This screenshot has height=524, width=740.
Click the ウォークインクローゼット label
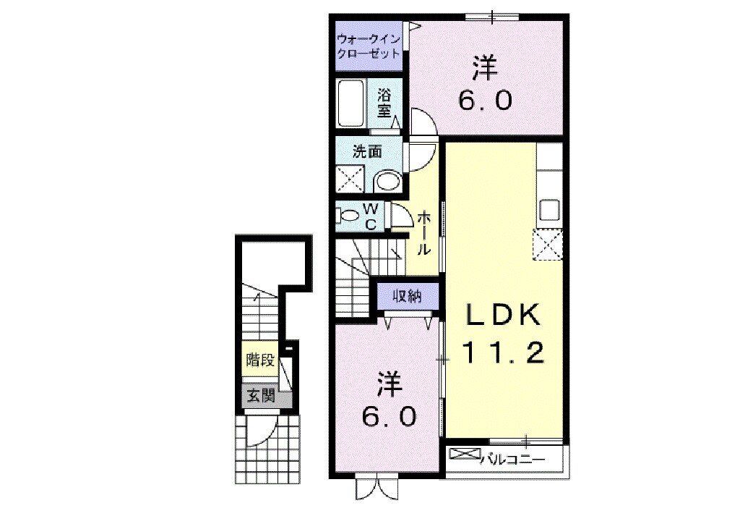pos(368,46)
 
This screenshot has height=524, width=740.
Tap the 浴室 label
pos(384,103)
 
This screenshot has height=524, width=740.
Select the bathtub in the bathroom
pos(350,103)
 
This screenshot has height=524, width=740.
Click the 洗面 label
pos(368,152)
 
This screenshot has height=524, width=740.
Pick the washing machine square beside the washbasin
pos(350,179)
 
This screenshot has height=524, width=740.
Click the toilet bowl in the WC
pos(348,216)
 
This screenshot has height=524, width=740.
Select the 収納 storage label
pos(408,296)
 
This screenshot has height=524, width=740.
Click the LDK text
pos(503,315)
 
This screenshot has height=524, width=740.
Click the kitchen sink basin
pos(549,209)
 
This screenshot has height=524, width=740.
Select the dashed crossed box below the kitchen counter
pos(548,245)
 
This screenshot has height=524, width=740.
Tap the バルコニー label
pos(513,460)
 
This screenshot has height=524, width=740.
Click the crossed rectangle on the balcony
pos(465,454)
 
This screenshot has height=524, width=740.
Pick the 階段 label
pos(260,360)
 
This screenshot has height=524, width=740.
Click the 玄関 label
pos(261,395)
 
